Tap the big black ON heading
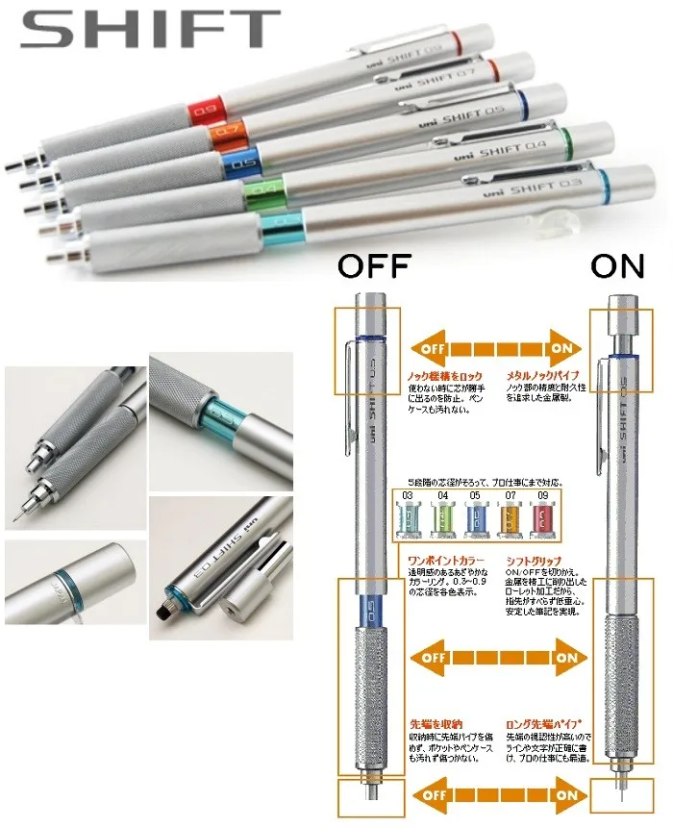click(x=618, y=265)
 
